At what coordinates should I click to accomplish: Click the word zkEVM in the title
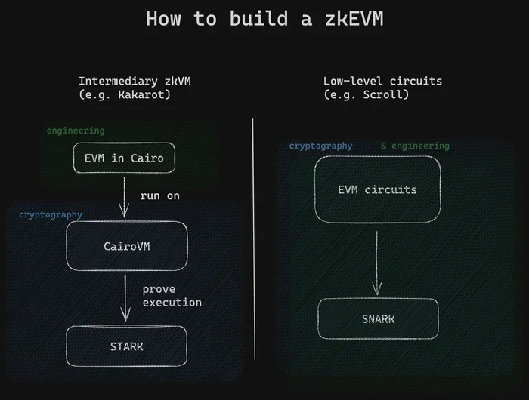(x=354, y=18)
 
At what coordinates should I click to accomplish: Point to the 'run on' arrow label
(x=160, y=195)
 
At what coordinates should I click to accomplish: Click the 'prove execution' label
(x=172, y=296)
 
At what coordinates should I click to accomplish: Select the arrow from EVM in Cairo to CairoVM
(x=124, y=197)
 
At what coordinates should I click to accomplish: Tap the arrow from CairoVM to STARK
(x=125, y=298)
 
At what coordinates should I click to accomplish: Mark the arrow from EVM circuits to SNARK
(x=376, y=263)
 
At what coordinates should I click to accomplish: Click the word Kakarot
(x=142, y=94)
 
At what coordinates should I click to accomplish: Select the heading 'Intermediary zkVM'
(x=135, y=81)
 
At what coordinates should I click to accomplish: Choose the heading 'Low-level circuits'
(x=382, y=81)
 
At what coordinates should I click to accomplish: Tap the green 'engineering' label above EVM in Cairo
(x=76, y=131)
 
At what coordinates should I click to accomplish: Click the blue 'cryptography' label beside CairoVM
(x=51, y=214)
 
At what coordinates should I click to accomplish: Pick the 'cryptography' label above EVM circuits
(x=320, y=146)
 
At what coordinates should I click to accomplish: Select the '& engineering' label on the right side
(x=415, y=146)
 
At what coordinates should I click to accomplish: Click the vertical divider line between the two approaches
(x=253, y=239)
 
